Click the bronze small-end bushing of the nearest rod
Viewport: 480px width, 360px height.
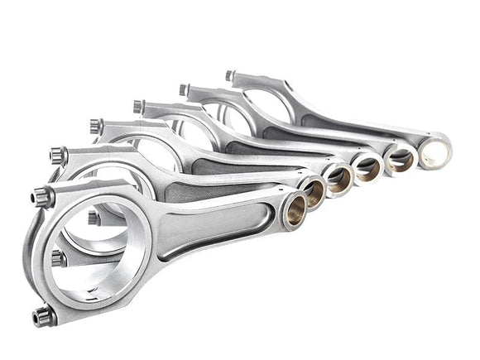click(293, 213)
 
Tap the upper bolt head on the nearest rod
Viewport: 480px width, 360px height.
click(42, 196)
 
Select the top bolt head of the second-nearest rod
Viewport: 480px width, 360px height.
click(58, 154)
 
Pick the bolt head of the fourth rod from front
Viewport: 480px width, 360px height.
click(138, 106)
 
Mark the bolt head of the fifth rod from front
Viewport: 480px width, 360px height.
click(184, 89)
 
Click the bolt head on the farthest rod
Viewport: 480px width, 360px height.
click(229, 75)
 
